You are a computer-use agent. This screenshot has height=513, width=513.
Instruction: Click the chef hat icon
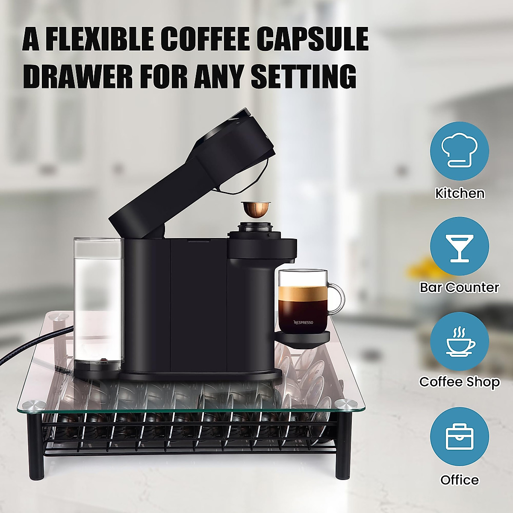[x=459, y=154]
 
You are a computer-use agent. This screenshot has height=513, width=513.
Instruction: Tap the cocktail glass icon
[x=459, y=248]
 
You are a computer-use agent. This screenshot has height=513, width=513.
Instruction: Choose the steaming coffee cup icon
[x=459, y=342]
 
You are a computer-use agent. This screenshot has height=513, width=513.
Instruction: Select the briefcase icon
[x=459, y=436]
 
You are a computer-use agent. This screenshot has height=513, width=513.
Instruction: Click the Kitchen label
[x=460, y=194]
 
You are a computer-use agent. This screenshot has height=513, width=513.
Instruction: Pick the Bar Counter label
[x=460, y=287]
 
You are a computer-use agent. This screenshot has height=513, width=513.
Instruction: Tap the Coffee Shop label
[x=460, y=381]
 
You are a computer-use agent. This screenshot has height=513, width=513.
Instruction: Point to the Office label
[x=460, y=480]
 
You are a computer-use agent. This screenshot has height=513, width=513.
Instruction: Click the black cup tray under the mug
[x=303, y=336]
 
